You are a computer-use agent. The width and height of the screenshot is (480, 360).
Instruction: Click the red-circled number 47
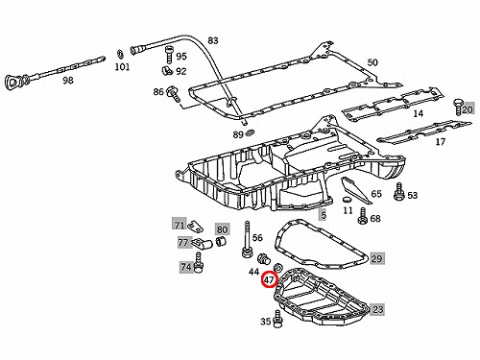(x=269, y=279)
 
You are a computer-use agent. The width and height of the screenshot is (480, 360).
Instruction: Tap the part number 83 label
(x=213, y=40)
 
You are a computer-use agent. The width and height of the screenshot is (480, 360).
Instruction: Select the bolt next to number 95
(x=169, y=55)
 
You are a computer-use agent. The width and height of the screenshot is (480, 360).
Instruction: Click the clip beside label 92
(x=167, y=70)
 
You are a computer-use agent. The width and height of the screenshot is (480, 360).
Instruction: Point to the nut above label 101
(x=120, y=54)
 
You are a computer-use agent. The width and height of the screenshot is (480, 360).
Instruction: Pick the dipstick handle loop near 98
(x=13, y=83)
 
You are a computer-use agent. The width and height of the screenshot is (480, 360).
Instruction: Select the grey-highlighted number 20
(x=468, y=109)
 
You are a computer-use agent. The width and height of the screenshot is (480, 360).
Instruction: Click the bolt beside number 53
(x=399, y=192)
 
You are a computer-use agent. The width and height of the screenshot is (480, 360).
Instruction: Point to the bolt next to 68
(x=363, y=216)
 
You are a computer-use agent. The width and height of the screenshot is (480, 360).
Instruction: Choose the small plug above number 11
(x=347, y=200)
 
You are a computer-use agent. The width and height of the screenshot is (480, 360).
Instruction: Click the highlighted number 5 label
(x=324, y=215)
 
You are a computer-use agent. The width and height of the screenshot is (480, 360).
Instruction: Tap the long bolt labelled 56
(x=247, y=239)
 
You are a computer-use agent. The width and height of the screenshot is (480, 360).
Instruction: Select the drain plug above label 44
(x=264, y=259)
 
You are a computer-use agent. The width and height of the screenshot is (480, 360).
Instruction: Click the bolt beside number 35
(x=277, y=319)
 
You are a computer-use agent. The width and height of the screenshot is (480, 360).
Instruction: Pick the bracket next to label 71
(x=195, y=227)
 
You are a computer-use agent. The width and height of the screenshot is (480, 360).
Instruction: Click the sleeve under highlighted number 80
(x=220, y=242)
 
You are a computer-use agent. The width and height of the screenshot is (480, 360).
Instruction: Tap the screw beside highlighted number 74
(x=199, y=263)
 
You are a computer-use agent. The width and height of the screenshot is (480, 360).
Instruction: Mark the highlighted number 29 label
(x=376, y=258)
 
